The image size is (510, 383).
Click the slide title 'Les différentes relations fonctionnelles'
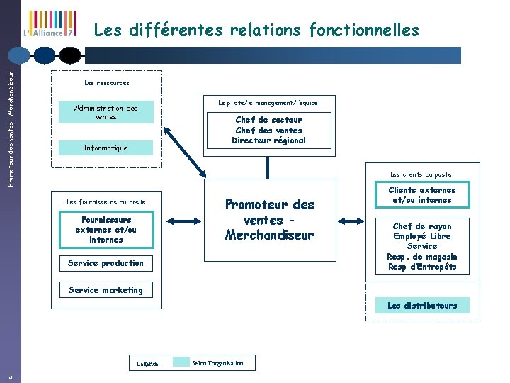pyautogui.click(x=256, y=30)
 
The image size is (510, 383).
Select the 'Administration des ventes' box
pyautogui.click(x=106, y=113)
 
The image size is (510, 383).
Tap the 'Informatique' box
pyautogui.click(x=106, y=148)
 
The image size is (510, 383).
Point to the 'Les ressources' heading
pyautogui.click(x=107, y=83)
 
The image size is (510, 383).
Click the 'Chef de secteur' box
pyautogui.click(x=268, y=130)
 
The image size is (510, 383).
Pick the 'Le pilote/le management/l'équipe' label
pyautogui.click(x=268, y=103)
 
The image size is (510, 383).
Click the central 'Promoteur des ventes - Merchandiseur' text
pyautogui.click(x=269, y=219)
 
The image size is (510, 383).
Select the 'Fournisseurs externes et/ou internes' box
pyautogui.click(x=106, y=230)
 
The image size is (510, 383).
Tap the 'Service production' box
pyautogui.click(x=106, y=263)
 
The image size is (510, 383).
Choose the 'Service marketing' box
pyautogui.click(x=106, y=289)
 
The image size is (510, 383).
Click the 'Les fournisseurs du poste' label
pyautogui.click(x=106, y=202)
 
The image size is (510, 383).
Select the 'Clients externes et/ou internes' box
pyautogui.click(x=422, y=195)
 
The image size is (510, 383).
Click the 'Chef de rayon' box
pyautogui.click(x=422, y=246)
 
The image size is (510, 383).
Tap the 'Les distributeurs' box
pyautogui.click(x=422, y=306)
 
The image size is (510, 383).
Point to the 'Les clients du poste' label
pyautogui.click(x=421, y=174)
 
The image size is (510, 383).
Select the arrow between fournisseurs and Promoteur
pyautogui.click(x=188, y=221)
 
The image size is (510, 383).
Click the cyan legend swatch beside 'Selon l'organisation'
pyautogui.click(x=181, y=362)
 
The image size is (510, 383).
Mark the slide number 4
pyautogui.click(x=11, y=377)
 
